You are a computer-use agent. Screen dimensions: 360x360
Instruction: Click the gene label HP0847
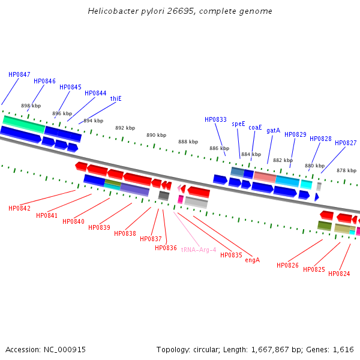point(19,74)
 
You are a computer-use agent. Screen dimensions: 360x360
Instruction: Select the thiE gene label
point(116,98)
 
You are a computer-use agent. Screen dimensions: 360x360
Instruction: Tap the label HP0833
point(215,119)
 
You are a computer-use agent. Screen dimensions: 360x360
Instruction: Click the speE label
point(238,124)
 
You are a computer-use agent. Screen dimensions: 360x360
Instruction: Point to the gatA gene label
point(273,130)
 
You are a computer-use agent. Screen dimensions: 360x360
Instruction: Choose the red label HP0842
point(19,208)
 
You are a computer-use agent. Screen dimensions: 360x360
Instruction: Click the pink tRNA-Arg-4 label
point(198,250)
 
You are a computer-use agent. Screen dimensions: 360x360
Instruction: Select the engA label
point(252,260)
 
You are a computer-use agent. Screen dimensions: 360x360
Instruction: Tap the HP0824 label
point(339,274)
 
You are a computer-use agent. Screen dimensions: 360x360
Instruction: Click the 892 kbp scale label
point(125,128)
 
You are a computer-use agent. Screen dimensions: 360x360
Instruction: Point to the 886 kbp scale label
point(219,148)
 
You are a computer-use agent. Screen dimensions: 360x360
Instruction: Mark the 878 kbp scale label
point(346,170)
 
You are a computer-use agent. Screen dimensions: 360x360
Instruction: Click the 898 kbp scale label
point(31,106)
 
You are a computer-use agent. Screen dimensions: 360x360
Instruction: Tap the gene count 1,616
point(344,349)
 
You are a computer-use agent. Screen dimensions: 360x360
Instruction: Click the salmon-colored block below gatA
point(265,176)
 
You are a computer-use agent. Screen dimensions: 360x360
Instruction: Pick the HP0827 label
point(346,143)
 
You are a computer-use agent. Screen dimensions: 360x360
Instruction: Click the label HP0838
point(125,233)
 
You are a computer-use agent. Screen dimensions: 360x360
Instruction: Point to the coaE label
point(255,127)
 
